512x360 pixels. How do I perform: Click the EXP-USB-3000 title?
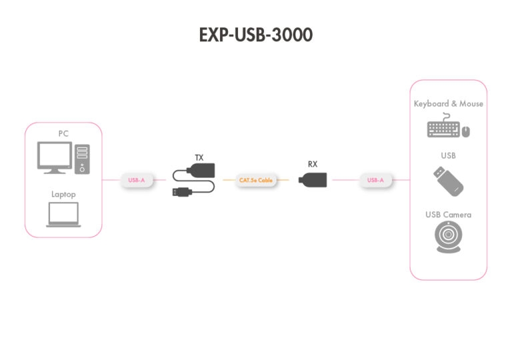coord(255,35)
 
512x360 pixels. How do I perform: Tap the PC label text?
coord(63,133)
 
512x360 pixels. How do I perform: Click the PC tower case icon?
coord(82,159)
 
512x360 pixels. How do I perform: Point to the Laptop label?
coord(63,195)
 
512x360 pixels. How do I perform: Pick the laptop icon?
coord(63,215)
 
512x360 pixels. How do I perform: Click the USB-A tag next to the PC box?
coord(137,180)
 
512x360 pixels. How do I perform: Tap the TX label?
coord(199,158)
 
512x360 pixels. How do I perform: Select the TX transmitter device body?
coord(203,172)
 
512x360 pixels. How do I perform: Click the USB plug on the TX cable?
coord(181,192)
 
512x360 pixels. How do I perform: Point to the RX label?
coord(313,163)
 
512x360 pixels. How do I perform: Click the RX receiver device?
coord(313,179)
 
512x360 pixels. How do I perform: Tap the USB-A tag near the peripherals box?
coord(375,180)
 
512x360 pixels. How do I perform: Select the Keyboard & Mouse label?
coord(448,104)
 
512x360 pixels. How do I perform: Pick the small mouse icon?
coord(466,131)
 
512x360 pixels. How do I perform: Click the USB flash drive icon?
coord(448,181)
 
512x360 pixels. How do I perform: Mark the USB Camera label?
coord(448,215)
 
